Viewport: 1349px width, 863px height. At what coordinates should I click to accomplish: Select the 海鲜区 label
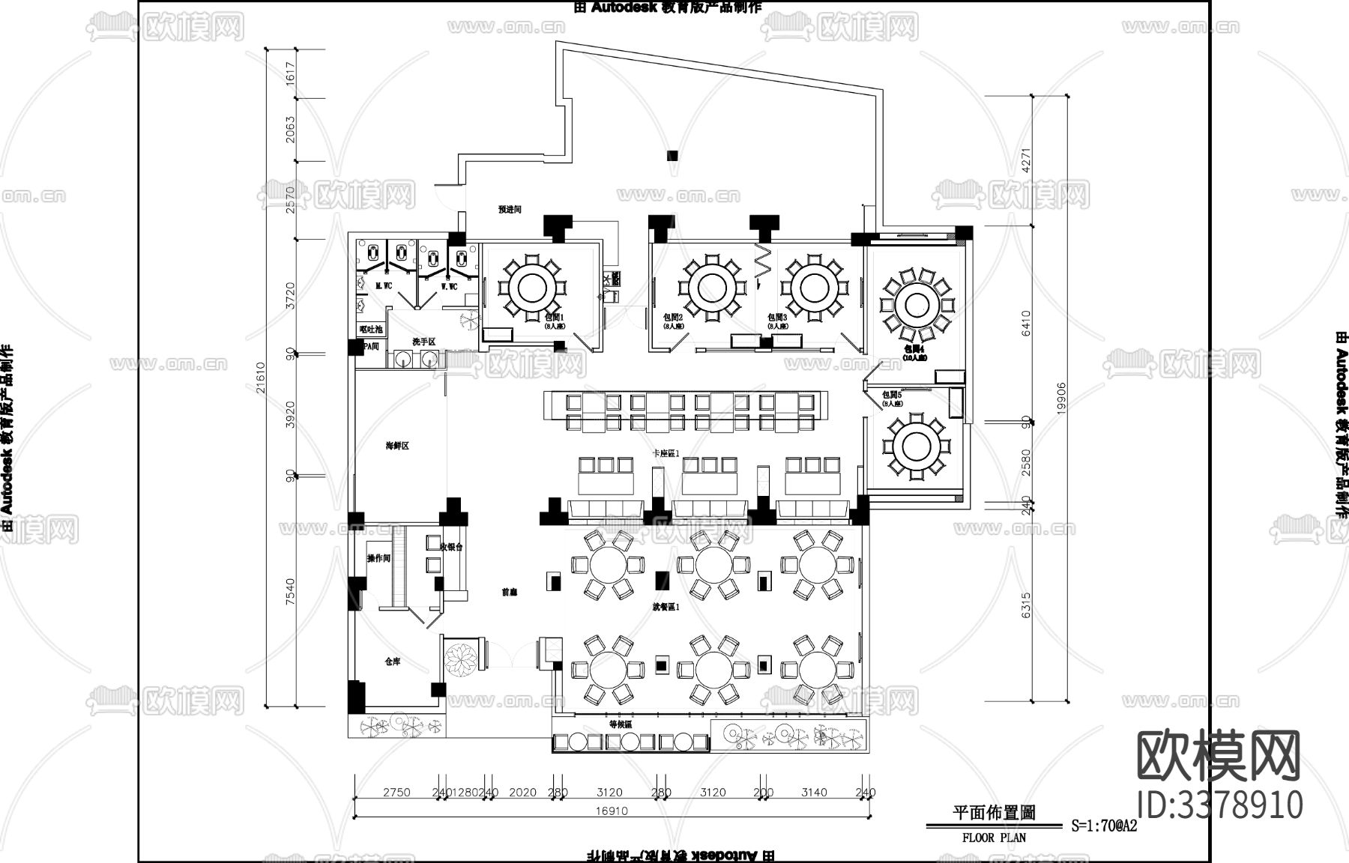pos(397,446)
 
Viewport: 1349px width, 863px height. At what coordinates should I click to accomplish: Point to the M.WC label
pos(384,287)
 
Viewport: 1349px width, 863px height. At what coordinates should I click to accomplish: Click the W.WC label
pos(448,287)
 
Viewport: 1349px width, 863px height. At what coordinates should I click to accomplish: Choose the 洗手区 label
pos(423,342)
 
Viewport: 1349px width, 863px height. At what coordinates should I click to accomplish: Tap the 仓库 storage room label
pos(393,661)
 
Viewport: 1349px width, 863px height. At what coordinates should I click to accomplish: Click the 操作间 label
pos(378,559)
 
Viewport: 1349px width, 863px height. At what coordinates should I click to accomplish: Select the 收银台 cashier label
pos(452,548)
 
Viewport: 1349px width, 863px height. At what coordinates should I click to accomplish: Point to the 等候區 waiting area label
pos(621,725)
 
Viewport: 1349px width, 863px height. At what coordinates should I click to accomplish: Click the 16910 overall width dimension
pos(612,811)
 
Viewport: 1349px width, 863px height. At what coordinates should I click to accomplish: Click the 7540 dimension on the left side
pos(292,591)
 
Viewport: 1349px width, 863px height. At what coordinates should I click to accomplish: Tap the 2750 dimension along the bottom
pos(396,793)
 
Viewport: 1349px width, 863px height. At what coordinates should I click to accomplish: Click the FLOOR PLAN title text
pos(994,838)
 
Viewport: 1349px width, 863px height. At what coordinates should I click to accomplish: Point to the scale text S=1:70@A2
pos(1104,827)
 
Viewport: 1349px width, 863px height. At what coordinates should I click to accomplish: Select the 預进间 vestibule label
pos(510,210)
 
